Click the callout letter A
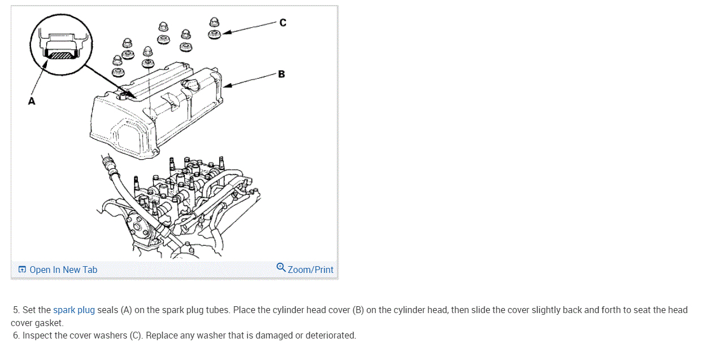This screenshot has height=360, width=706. coord(32,101)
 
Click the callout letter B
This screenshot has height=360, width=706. coord(281,74)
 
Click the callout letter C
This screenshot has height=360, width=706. coord(283,23)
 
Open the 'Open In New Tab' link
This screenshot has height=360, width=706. coord(63,270)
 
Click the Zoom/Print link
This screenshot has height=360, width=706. coord(310,270)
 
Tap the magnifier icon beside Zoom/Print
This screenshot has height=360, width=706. coord(281,267)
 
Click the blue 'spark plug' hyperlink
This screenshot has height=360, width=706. coord(74,310)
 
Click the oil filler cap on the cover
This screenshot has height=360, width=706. coord(190,88)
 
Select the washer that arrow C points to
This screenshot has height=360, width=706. coord(214,34)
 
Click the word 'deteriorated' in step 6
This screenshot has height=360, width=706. coord(330,335)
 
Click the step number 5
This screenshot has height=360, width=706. coord(16,310)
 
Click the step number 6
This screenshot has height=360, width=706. coord(16,335)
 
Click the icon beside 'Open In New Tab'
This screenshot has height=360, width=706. coord(22,270)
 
